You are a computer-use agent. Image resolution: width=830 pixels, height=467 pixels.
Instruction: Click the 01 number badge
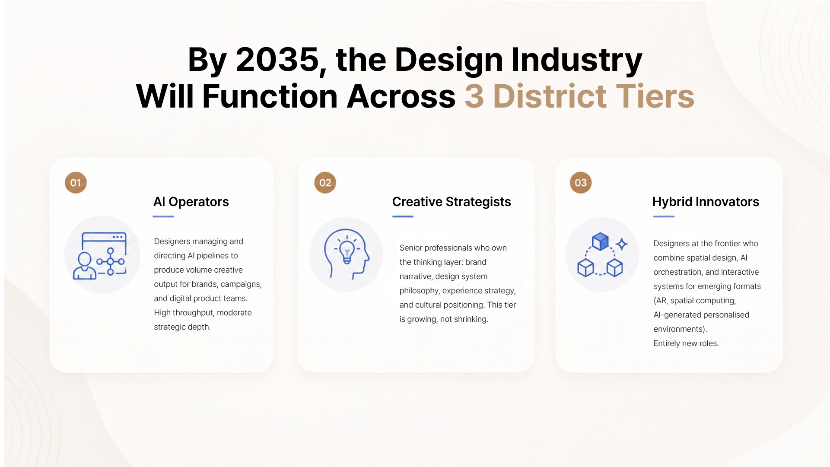coord(76,183)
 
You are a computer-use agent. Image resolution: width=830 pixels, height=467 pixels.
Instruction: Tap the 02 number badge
coord(325,183)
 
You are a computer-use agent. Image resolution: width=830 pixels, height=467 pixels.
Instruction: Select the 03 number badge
coord(581,183)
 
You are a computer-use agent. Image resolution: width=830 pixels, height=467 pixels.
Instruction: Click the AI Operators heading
coord(191,202)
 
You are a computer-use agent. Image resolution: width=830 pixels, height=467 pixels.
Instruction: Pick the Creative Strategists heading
coord(452,202)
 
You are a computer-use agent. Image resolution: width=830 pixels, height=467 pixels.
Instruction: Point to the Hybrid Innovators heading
coord(706,202)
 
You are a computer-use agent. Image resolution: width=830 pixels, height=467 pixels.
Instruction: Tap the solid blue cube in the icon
coord(600,241)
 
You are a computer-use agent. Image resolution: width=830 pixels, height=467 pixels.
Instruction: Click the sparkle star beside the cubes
coord(622,244)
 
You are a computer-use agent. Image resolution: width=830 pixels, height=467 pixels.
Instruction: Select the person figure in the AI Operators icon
coord(85,266)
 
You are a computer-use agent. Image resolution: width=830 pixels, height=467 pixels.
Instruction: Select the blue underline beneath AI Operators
coord(163,216)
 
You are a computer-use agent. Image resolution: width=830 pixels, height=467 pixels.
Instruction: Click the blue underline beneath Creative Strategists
coord(403,216)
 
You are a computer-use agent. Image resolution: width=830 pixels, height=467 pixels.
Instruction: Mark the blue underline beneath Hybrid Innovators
coord(664,216)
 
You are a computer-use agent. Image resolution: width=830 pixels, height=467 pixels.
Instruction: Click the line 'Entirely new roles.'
coord(686,343)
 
